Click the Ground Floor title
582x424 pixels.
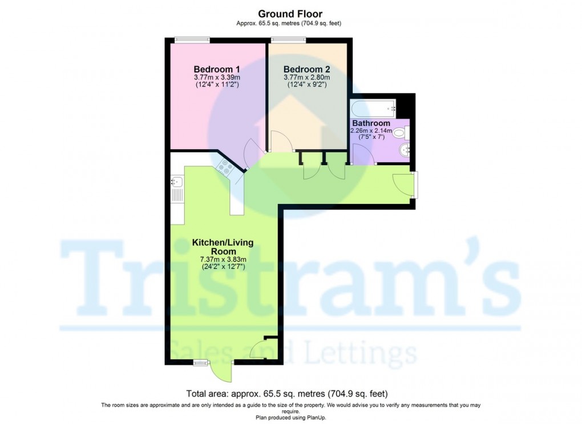(x=290, y=14)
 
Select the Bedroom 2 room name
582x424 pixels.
(x=307, y=69)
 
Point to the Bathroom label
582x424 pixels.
(x=371, y=123)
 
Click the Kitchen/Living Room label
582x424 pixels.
(x=223, y=247)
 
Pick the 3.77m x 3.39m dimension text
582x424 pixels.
(x=216, y=78)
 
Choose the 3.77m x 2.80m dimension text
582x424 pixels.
(x=307, y=78)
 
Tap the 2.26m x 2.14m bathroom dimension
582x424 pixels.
(x=371, y=131)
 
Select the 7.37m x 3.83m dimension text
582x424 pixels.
(x=223, y=260)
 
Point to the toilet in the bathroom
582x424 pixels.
(x=401, y=134)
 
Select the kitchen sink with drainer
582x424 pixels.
(x=176, y=189)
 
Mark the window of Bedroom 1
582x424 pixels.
(x=192, y=39)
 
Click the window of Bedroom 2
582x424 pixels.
(x=289, y=39)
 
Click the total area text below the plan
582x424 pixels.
(x=287, y=394)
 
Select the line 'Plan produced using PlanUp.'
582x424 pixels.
(x=290, y=418)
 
